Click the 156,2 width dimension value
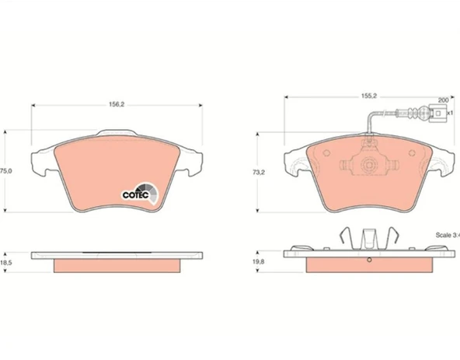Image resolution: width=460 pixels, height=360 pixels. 117,104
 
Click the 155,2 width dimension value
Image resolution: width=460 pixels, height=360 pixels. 369,96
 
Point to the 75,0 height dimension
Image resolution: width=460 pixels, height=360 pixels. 6,171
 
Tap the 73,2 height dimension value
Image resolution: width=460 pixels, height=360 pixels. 259,173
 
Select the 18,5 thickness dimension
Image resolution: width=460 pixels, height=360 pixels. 6,263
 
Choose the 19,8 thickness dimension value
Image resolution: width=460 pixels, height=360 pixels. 259,261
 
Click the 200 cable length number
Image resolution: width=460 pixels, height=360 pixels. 443,100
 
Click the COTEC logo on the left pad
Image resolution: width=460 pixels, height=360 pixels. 140,193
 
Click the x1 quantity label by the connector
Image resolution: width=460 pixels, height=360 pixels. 450,113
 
